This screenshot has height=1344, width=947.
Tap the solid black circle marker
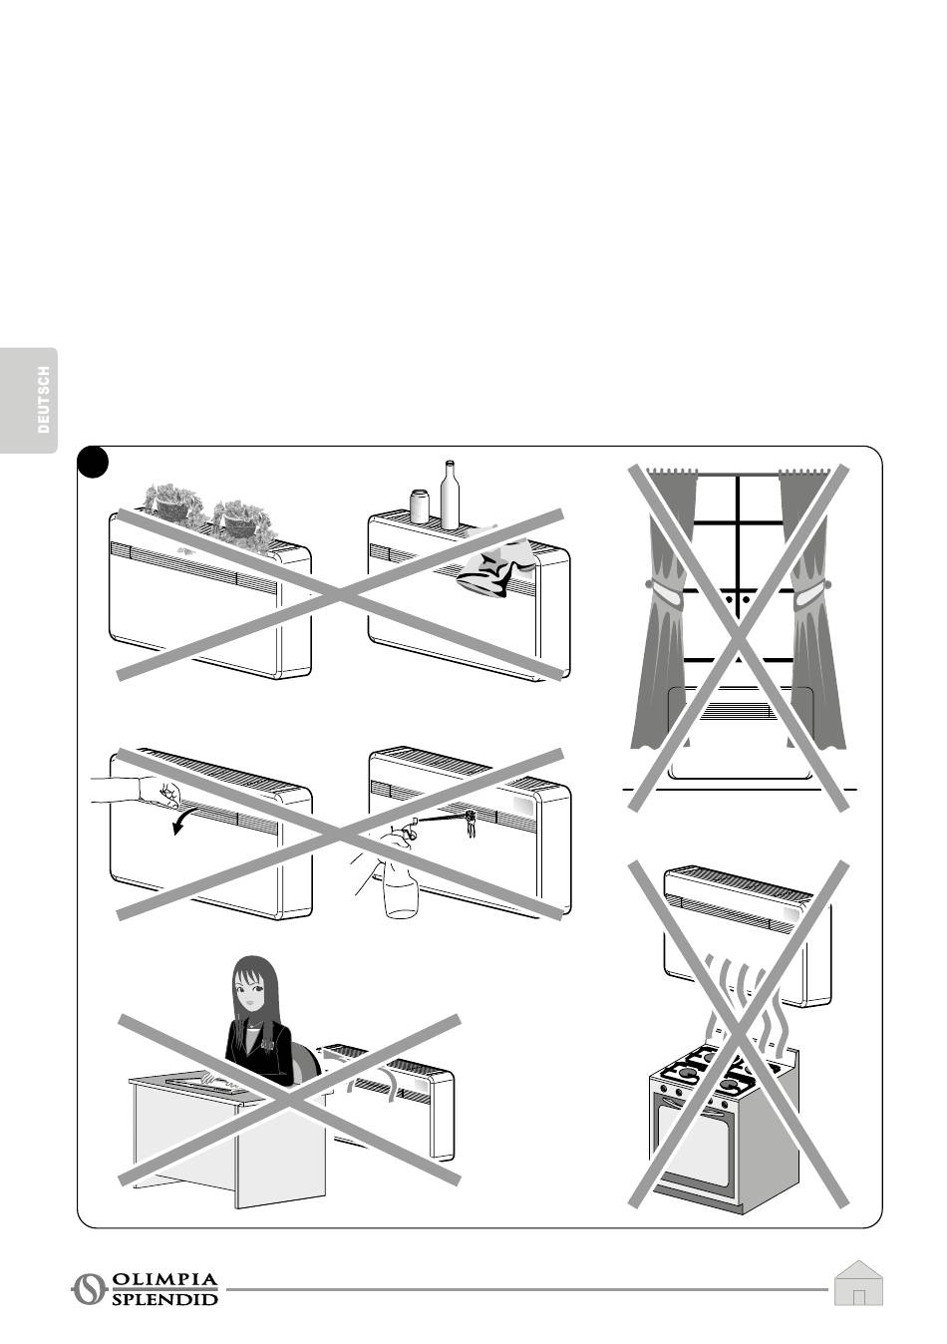(x=93, y=463)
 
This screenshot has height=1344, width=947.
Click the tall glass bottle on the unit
(x=450, y=495)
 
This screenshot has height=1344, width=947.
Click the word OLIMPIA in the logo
(x=164, y=1277)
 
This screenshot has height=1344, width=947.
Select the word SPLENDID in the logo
(x=164, y=1295)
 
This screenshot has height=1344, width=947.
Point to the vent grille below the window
(x=739, y=711)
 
